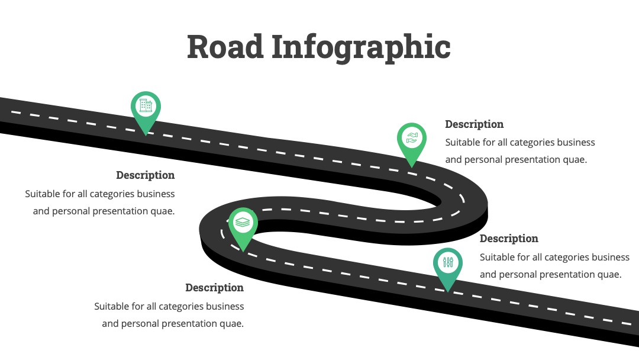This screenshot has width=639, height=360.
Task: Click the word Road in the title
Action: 225,46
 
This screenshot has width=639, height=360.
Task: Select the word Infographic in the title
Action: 361,49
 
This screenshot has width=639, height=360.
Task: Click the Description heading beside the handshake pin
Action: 474,124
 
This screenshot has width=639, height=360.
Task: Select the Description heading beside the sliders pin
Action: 509,239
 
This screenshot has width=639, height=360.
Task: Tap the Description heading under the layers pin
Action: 214,287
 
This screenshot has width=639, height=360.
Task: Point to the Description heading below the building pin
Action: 145,175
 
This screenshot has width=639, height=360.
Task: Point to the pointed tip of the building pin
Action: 146,136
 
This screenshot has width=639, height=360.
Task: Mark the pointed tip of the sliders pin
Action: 448,292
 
